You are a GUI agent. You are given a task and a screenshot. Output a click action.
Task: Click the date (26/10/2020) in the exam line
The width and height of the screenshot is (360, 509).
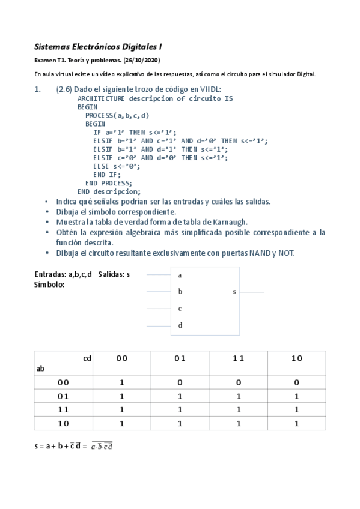tap(142, 61)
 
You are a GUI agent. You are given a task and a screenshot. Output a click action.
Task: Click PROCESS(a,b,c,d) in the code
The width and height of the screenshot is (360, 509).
tap(117, 115)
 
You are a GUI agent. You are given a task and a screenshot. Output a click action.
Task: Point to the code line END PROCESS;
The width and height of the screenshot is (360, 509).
tap(109, 183)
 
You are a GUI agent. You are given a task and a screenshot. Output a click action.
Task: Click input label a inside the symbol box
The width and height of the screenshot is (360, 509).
tap(180, 275)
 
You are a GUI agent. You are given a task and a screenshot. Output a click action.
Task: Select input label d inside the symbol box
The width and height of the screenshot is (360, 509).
tap(180, 325)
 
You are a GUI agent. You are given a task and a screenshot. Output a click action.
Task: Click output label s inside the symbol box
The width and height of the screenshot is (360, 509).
tap(234, 292)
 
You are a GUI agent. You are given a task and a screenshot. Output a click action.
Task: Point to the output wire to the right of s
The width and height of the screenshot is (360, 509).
tap(251, 292)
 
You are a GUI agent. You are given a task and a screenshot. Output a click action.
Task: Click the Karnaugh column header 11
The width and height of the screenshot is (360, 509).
tap(239, 358)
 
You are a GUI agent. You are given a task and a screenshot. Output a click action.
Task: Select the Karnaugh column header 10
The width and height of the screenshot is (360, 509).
tap(297, 358)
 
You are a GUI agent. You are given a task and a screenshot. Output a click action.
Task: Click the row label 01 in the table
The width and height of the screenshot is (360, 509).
tap(63, 396)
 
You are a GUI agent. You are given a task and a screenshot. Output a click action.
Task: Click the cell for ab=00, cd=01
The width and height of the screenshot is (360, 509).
tap(180, 382)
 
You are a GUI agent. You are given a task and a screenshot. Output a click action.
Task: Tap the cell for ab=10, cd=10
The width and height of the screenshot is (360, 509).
tap(297, 423)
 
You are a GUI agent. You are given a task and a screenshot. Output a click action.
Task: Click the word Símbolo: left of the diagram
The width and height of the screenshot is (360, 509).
tap(50, 284)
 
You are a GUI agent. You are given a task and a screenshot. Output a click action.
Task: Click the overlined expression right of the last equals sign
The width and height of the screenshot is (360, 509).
tap(102, 446)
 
